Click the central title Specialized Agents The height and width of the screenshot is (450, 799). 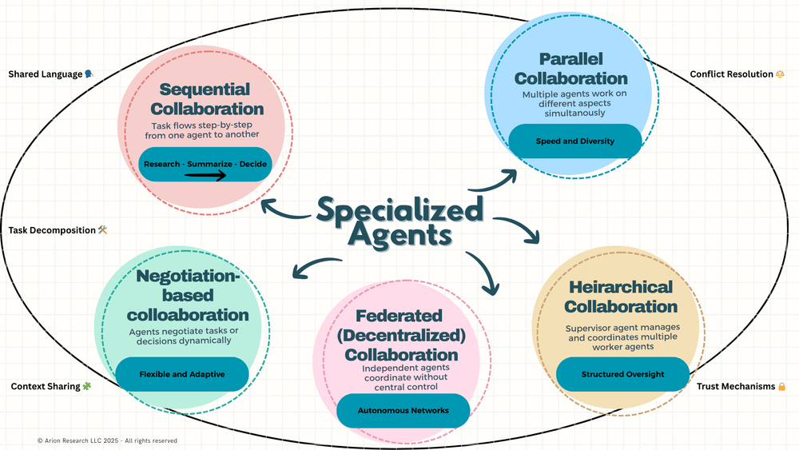point(399,222)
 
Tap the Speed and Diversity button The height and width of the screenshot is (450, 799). point(575,141)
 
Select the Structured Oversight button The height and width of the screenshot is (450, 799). point(622,374)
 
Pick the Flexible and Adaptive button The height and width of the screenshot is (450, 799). point(182,374)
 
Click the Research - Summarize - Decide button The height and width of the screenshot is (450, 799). point(205,164)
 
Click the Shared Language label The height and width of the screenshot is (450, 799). point(46,74)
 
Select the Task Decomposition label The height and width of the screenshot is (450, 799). point(52,230)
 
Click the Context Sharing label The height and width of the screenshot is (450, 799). point(46,387)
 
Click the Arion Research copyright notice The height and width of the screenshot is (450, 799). point(107,440)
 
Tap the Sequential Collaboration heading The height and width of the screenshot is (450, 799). point(205,99)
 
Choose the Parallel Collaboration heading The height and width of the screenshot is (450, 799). point(571,69)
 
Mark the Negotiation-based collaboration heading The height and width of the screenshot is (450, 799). point(188,295)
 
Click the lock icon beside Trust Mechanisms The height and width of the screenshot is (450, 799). point(781,387)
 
